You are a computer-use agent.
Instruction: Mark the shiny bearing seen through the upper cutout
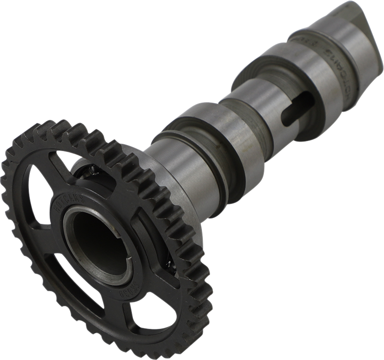[90, 171]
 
